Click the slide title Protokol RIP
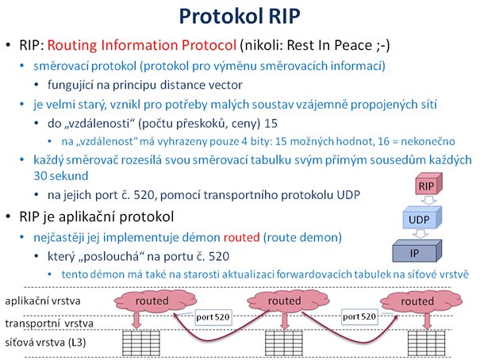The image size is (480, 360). click(240, 16)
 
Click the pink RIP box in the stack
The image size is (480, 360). click(428, 184)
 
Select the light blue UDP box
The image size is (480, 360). click(422, 218)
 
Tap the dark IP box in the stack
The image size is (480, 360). click(417, 251)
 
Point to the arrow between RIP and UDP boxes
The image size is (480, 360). click(428, 201)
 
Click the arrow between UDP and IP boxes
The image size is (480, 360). click(420, 234)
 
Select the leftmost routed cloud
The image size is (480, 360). click(155, 301)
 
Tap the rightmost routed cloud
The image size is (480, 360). click(420, 301)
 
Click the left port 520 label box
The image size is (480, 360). click(213, 317)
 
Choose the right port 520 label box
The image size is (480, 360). click(359, 316)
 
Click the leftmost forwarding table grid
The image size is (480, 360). click(141, 343)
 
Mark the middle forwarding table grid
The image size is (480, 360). click(284, 343)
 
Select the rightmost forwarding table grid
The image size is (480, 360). click(427, 343)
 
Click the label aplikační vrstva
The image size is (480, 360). click(43, 301)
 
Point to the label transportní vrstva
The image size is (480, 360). click(49, 324)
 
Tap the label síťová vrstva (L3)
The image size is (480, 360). click(45, 343)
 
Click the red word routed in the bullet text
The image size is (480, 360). click(241, 237)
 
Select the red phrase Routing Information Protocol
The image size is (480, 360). click(142, 45)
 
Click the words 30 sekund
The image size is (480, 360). click(61, 176)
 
